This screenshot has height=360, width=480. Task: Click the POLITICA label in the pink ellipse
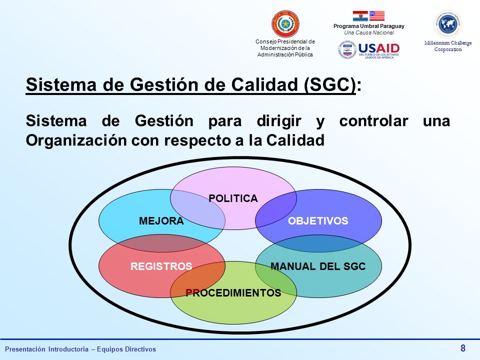point(233,198)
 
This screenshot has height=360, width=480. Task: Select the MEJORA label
point(161,220)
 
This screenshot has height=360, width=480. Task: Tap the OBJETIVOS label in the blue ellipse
point(318,220)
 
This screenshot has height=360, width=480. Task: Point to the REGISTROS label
point(161,266)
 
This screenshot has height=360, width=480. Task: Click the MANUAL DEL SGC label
point(318,266)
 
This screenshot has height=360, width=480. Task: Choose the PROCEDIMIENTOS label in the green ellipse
point(233,292)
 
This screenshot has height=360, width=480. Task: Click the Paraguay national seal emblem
point(285,24)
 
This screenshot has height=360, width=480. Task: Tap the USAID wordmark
point(379,48)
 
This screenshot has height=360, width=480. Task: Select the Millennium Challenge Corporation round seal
point(448,24)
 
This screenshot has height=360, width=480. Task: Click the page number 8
point(463,348)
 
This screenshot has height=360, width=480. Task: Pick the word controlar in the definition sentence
point(374,121)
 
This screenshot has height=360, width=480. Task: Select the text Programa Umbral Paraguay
point(369,26)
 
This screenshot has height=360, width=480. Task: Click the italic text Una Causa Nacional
point(369,32)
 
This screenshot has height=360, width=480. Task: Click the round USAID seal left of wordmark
point(347,50)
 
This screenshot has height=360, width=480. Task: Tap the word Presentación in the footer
point(25,349)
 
